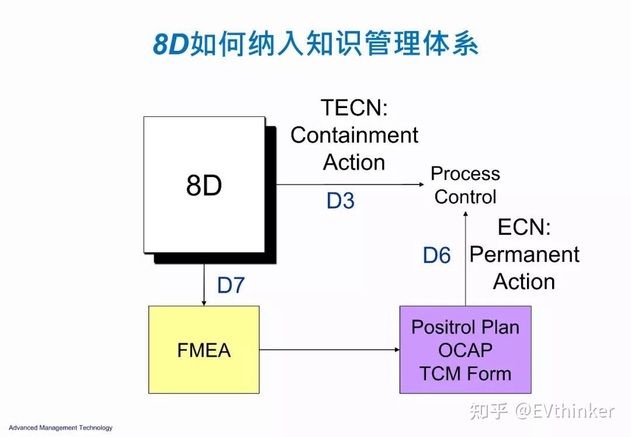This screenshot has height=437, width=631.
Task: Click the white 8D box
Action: point(204,185)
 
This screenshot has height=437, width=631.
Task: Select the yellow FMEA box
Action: point(204,349)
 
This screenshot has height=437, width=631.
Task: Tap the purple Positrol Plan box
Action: point(465,349)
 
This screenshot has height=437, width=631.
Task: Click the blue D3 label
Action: point(341,201)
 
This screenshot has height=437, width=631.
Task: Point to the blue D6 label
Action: point(436,255)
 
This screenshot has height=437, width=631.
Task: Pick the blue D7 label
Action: point(231,285)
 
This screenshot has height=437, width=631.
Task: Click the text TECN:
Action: point(354,107)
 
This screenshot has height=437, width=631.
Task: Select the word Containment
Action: point(354,135)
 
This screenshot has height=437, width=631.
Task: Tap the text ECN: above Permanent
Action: point(524,227)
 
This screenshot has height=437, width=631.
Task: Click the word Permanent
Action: point(524,255)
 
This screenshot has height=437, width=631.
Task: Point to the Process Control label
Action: point(465,185)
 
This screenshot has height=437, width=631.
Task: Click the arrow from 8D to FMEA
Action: point(204,285)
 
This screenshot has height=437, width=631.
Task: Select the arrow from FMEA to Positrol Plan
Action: point(329,350)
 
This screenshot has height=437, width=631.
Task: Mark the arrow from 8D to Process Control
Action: point(351,185)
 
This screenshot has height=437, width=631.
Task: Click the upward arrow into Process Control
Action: point(465,257)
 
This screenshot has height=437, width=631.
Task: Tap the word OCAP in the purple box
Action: point(465,350)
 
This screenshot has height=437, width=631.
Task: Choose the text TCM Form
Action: point(465,374)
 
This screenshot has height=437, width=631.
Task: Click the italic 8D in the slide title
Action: point(171,44)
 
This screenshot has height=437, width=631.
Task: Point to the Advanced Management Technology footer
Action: point(60,428)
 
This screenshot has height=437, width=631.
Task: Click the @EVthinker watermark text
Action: point(564,411)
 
